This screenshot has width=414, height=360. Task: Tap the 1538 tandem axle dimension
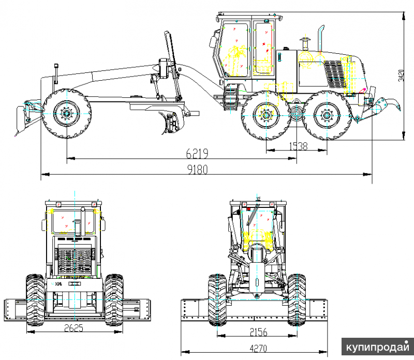pos(297,146)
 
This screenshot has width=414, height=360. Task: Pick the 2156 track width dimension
pos(257,331)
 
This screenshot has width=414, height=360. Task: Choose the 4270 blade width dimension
pos(258,349)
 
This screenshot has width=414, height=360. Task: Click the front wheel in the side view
pos(67,114)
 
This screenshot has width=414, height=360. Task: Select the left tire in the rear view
pos(35,300)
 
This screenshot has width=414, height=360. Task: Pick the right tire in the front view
pos(297,300)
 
